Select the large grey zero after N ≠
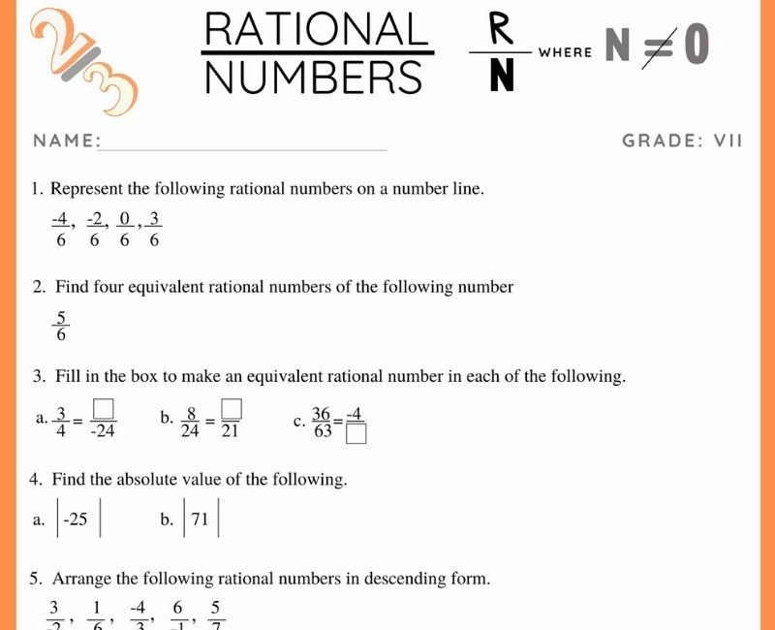(697, 47)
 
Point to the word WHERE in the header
(565, 52)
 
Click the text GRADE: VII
(682, 141)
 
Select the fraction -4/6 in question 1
(60, 230)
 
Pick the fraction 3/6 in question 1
(154, 230)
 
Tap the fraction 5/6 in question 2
(62, 326)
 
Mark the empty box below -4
(356, 434)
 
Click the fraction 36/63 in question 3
(321, 422)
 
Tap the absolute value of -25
(76, 520)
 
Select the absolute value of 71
(201, 520)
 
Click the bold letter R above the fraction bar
(501, 28)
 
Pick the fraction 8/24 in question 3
(192, 422)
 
